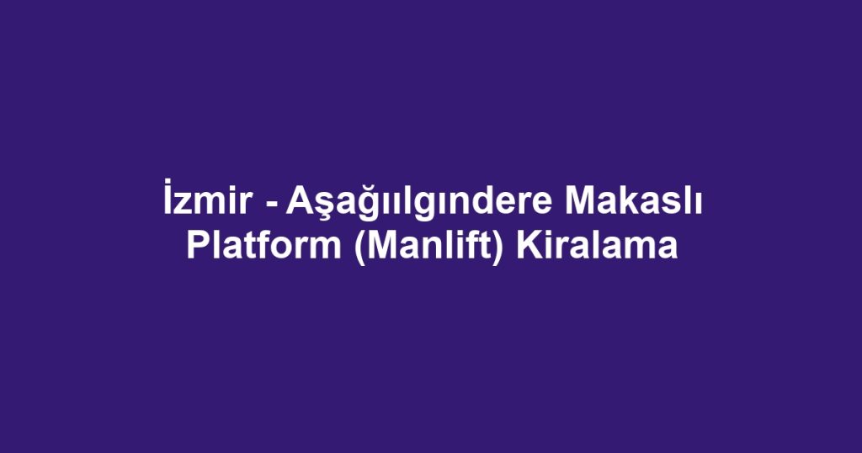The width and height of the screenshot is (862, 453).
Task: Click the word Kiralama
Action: [x=598, y=247]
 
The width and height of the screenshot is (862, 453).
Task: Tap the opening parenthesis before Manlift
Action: [x=359, y=248]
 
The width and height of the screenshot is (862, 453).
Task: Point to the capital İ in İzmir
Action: [x=168, y=203]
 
